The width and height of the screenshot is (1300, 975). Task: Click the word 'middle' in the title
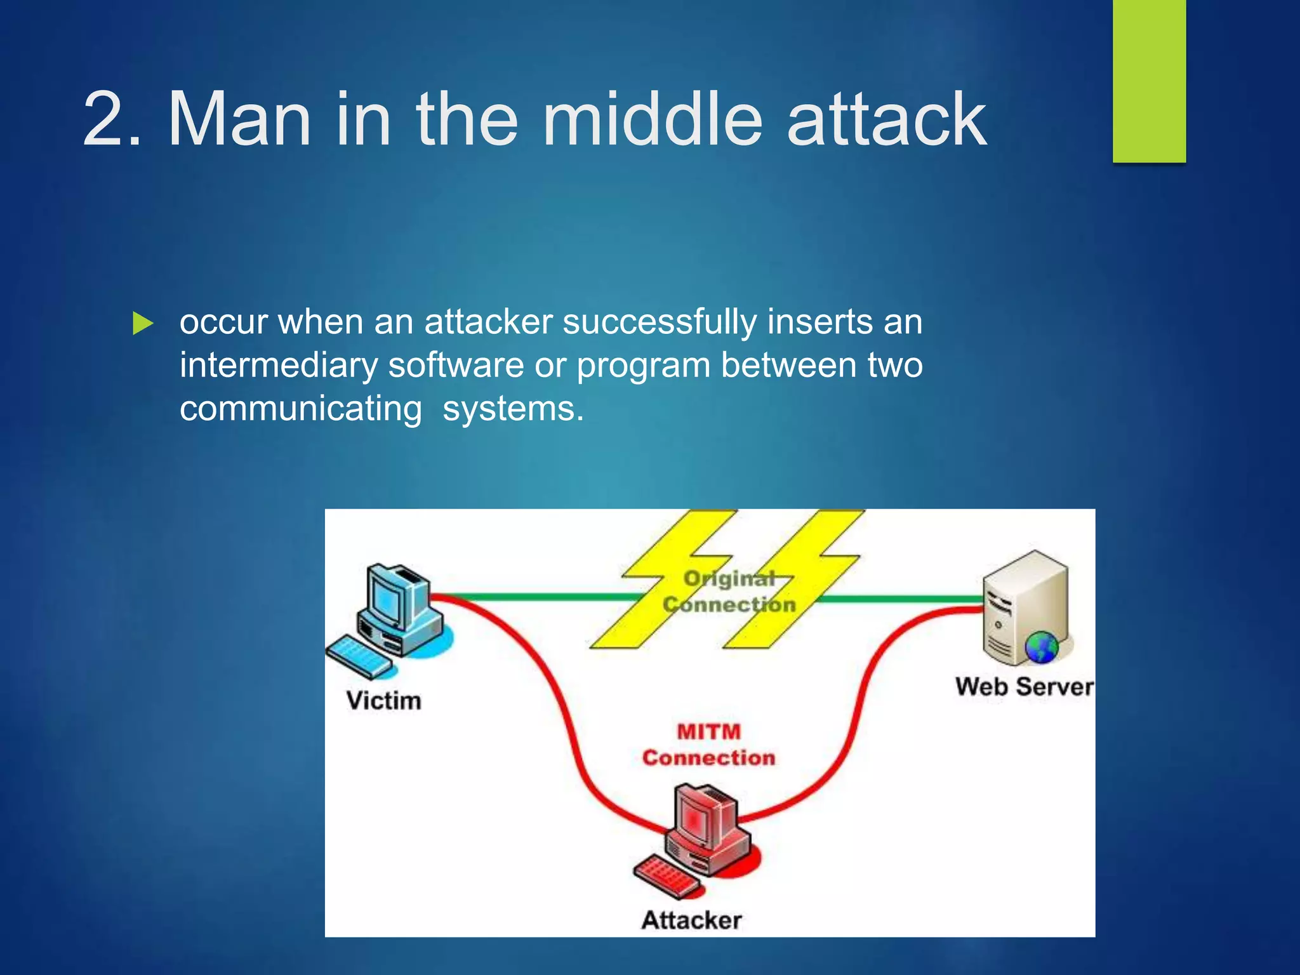tap(653, 119)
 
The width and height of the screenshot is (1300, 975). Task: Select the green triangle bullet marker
tap(143, 324)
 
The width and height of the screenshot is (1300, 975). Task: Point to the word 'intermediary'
tap(278, 366)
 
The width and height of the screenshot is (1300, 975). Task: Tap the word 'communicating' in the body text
tap(300, 409)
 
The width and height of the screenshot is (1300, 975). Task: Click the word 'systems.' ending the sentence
tap(513, 409)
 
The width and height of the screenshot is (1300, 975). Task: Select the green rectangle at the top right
tap(1149, 81)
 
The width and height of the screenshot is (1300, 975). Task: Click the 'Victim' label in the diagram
tap(383, 701)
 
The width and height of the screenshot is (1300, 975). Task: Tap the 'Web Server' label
tap(1024, 687)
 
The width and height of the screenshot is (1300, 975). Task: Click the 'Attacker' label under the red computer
tap(691, 920)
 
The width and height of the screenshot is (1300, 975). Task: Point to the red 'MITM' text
tap(708, 731)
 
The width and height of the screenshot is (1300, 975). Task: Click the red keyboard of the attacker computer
tap(667, 876)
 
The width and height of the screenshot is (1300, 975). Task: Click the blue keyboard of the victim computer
tap(359, 656)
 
